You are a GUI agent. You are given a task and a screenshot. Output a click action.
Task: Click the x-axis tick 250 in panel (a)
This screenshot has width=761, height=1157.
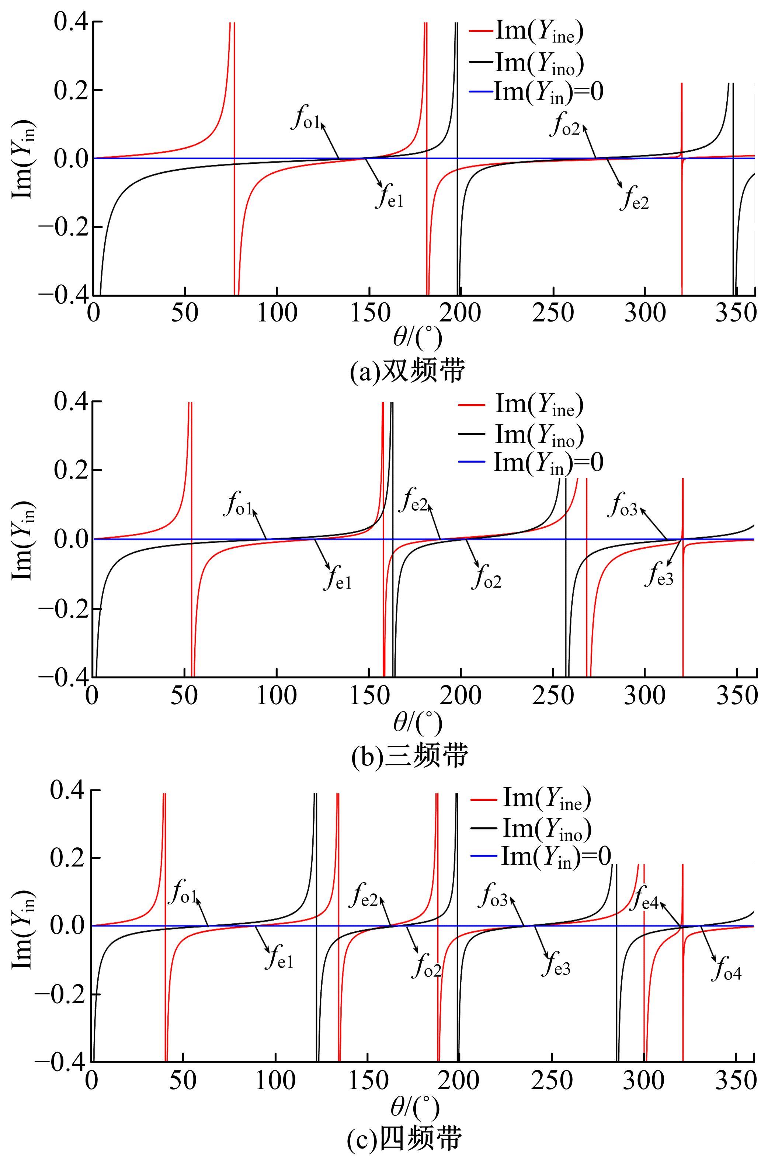[553, 313]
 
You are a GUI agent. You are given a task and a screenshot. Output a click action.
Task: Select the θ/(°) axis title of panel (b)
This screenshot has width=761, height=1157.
[417, 723]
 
